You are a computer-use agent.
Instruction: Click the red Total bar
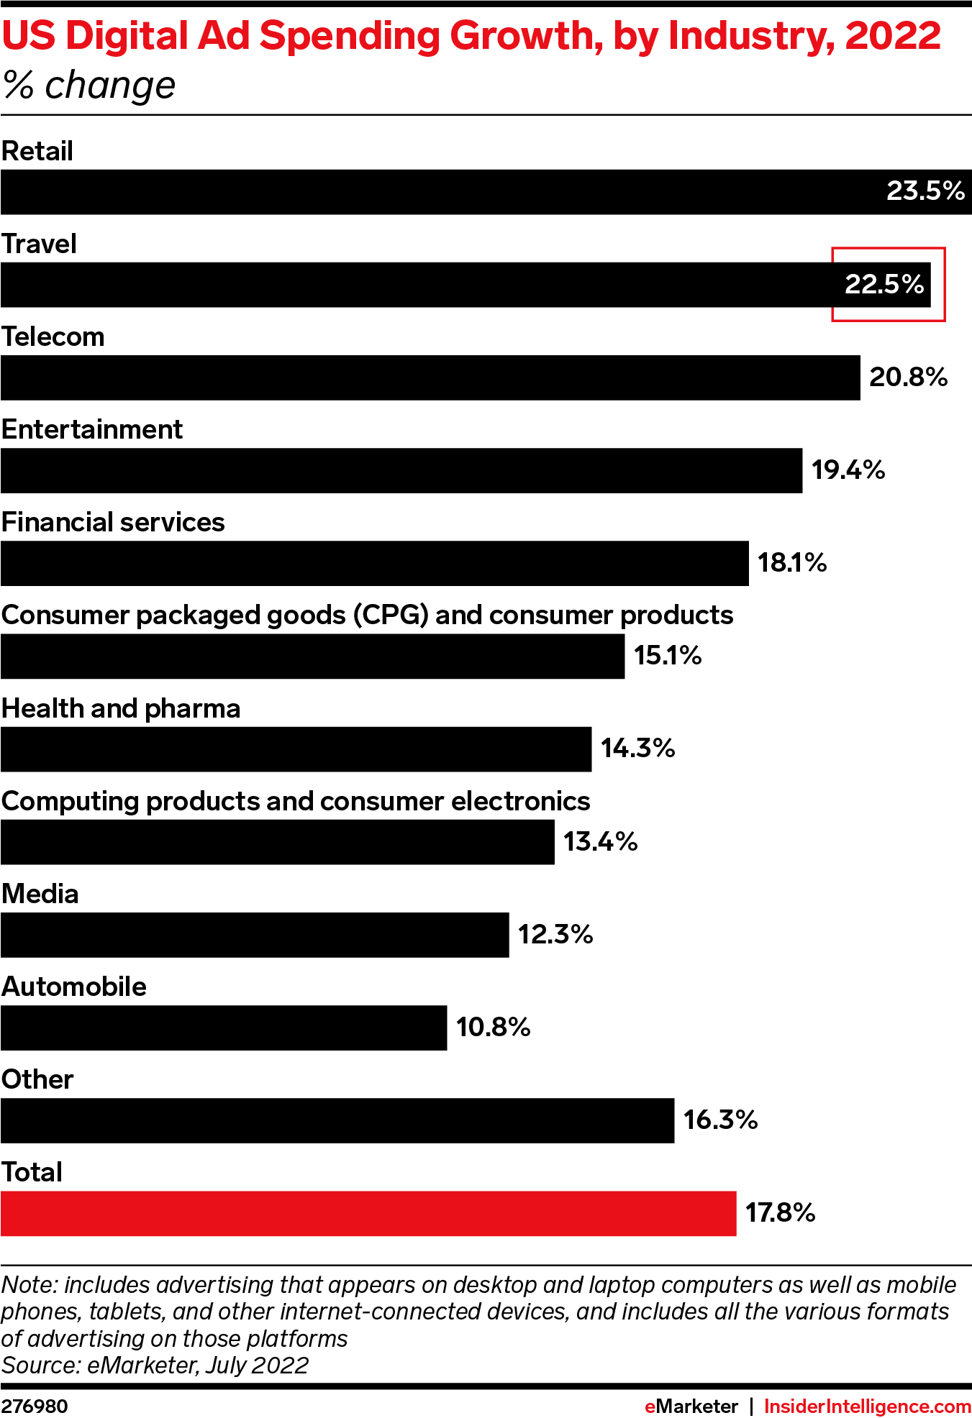click(x=368, y=1213)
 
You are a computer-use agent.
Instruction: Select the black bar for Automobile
click(x=224, y=1028)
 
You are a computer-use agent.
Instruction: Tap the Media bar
click(x=255, y=935)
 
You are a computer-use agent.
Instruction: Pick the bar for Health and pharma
click(x=296, y=749)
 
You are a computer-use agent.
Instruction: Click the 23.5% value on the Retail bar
click(x=925, y=191)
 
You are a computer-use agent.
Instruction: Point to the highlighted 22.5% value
click(x=884, y=284)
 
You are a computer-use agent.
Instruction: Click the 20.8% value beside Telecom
click(x=908, y=378)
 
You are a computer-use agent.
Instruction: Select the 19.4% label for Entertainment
click(x=848, y=470)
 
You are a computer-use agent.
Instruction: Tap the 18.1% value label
click(x=791, y=563)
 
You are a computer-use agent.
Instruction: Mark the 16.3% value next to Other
click(x=720, y=1120)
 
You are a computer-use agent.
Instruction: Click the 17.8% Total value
click(x=780, y=1213)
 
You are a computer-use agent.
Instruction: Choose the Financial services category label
click(x=113, y=523)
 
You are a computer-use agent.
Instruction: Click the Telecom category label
click(x=53, y=337)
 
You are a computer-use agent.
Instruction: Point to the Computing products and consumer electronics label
click(x=296, y=802)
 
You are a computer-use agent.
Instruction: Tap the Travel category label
click(x=39, y=244)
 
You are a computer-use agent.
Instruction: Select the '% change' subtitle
click(x=89, y=86)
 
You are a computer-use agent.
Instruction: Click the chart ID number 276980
click(x=35, y=1406)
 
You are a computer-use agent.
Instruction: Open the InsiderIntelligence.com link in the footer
click(x=867, y=1406)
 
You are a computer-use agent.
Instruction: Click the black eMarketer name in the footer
click(x=691, y=1406)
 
